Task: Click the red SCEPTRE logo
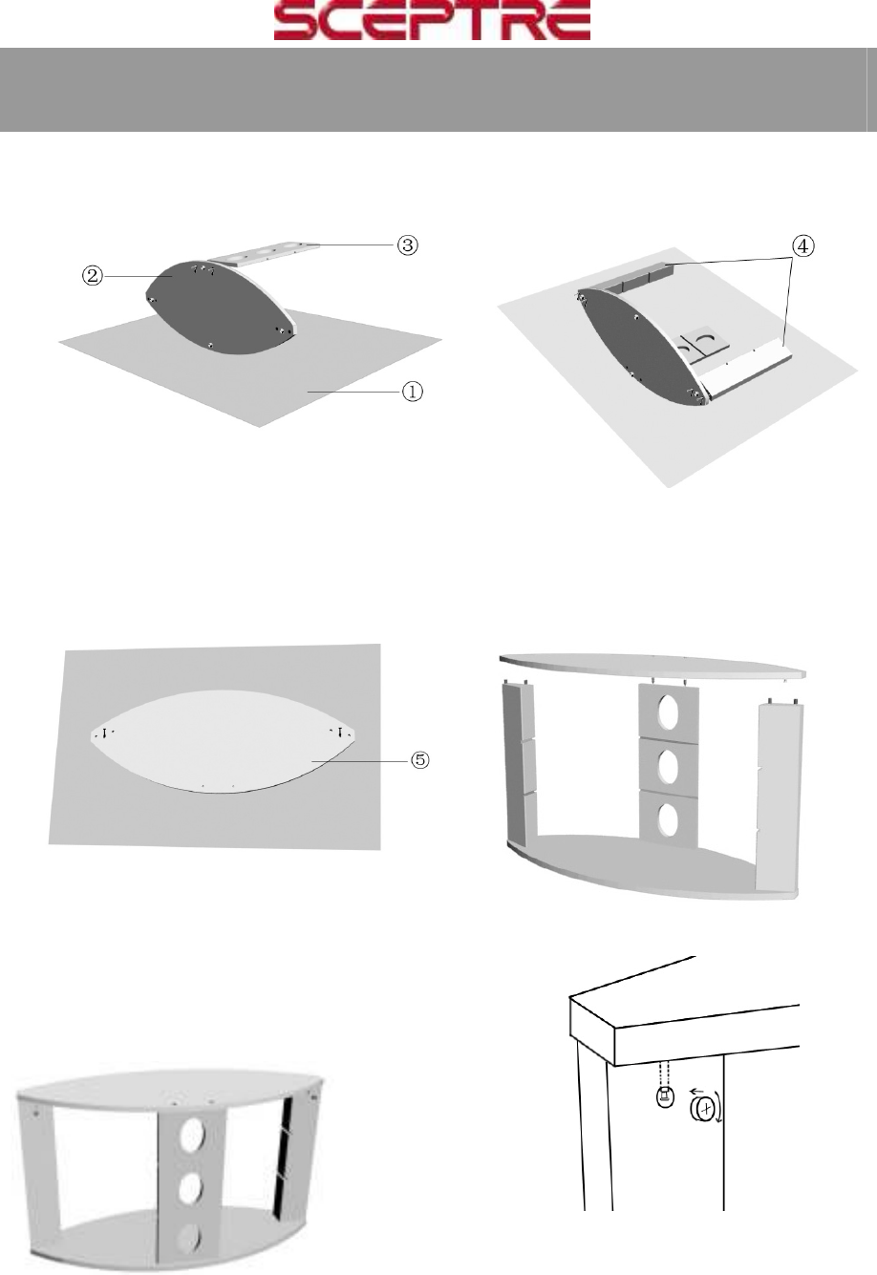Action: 432,21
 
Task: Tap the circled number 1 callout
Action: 413,392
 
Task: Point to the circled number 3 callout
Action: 407,244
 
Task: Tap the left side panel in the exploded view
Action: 520,764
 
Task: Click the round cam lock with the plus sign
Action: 704,1108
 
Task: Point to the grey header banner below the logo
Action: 438,90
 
